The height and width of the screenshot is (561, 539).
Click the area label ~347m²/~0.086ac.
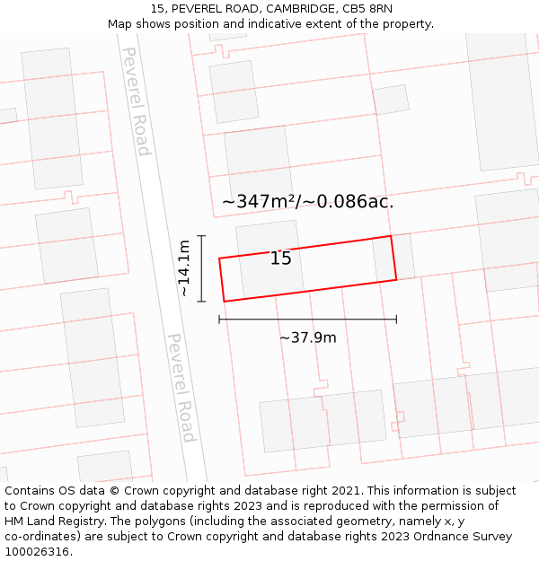click(307, 202)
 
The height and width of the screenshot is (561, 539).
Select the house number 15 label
click(280, 259)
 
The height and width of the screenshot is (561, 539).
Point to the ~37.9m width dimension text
click(307, 337)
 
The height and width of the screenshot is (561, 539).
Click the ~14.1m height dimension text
click(183, 268)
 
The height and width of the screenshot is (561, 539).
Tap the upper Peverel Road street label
click(136, 101)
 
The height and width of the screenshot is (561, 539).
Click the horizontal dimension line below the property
click(307, 319)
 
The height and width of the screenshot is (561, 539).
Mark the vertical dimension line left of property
click(202, 268)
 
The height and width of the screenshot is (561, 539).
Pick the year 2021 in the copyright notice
click(342, 491)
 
